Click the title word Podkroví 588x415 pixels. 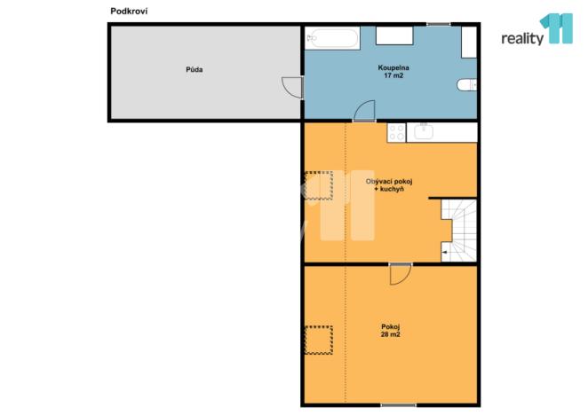(128, 10)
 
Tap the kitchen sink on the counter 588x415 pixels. (424, 132)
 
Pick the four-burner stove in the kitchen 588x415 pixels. (396, 132)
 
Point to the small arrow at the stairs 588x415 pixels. (444, 254)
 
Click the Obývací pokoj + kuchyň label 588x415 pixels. (390, 185)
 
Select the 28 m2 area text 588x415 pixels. (390, 334)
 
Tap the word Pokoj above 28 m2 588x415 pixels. (390, 326)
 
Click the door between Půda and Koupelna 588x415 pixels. (292, 87)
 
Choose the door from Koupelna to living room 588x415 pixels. (364, 113)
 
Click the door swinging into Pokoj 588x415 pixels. (400, 274)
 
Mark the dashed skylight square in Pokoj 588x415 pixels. (318, 340)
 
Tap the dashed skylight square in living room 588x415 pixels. (318, 186)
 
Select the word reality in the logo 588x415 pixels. (522, 40)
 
